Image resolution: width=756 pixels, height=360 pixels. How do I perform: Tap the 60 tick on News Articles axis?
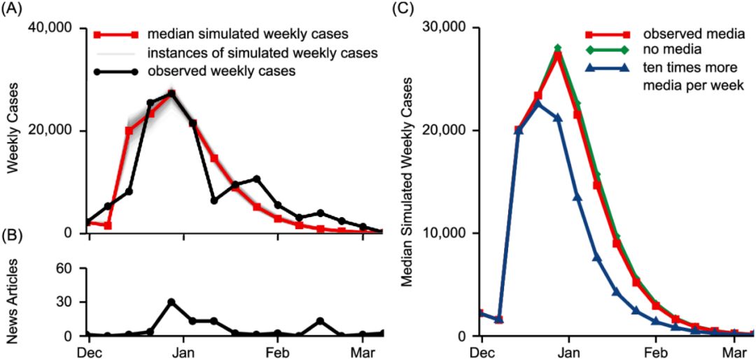[x=66, y=268]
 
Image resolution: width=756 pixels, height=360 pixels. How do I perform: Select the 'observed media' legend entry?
[x=684, y=34]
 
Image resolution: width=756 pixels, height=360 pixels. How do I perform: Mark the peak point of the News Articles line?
[x=171, y=302]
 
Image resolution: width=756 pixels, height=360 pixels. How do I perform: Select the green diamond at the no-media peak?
[x=558, y=48]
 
